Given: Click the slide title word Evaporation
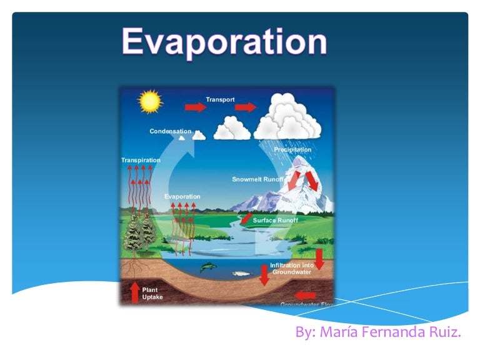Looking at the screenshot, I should point(224,42).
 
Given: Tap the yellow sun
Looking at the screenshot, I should point(149,101).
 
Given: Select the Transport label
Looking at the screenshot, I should point(220,99).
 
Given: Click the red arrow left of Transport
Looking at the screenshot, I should point(195,107).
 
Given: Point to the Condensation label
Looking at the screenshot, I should point(170,131).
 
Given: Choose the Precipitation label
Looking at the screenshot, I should point(292,149).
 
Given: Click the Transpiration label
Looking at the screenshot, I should point(141,160).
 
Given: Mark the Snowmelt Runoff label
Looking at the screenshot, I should point(258,179).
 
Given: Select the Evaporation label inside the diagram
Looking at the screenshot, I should point(182,197).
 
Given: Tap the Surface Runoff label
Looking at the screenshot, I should point(276,220).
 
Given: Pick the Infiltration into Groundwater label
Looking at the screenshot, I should point(291,269).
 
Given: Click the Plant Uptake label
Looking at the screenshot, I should point(152,293).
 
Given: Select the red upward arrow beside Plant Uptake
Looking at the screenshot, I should point(134,292).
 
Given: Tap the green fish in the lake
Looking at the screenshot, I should point(208,267).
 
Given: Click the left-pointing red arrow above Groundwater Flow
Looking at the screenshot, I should point(305,294).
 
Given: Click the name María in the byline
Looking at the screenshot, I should point(338,332).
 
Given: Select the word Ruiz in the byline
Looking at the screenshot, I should point(444,332).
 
